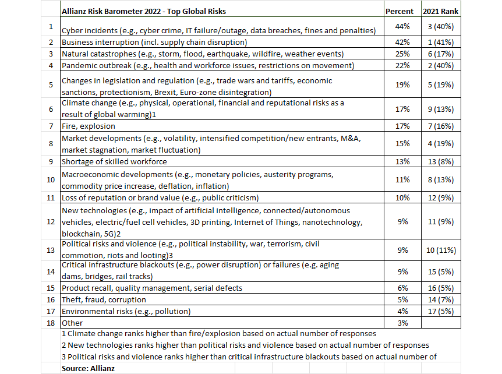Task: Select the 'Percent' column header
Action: [x=400, y=11]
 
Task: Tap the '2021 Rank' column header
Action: [x=441, y=11]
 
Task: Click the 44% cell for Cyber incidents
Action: [x=403, y=26]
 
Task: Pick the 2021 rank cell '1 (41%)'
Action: [x=441, y=42]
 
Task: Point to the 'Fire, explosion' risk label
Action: [x=89, y=126]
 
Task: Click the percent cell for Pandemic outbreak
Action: [x=403, y=65]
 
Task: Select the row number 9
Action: [x=51, y=161]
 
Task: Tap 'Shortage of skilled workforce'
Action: [x=114, y=161]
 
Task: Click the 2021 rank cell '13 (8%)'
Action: [x=441, y=161]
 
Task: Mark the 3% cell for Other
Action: [x=403, y=323]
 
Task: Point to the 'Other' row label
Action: [x=72, y=323]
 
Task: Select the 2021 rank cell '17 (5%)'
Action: [x=441, y=311]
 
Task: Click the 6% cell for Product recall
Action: [x=403, y=288]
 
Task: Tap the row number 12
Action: [x=51, y=221]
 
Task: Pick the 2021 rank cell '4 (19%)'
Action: [x=441, y=143]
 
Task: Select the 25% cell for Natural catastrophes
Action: [x=403, y=54]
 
